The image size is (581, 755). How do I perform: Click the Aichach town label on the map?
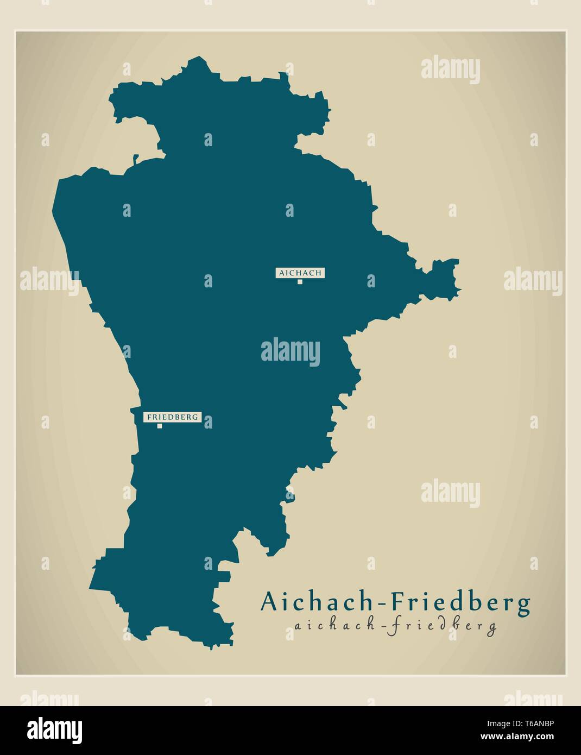tap(300, 273)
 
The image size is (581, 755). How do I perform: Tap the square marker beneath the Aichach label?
tap(299, 281)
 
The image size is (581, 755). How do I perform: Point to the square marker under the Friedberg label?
tap(160, 426)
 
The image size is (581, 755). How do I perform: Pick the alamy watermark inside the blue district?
tap(290, 351)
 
